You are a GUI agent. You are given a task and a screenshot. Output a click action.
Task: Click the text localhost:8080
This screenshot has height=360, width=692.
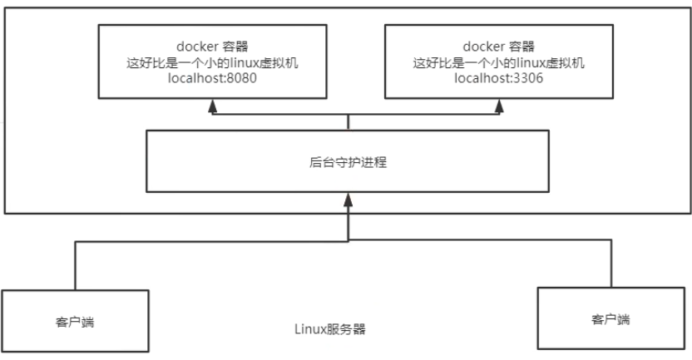[212, 78]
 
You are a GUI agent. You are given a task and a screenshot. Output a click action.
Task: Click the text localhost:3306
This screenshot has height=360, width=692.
[499, 78]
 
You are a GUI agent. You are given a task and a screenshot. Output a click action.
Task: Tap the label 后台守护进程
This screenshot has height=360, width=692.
[348, 162]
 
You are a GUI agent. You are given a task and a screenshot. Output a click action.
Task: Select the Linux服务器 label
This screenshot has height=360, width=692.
[330, 329]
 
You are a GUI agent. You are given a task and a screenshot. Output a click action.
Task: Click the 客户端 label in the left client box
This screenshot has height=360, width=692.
[75, 322]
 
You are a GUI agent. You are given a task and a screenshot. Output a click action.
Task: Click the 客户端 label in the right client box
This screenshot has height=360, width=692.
[610, 319]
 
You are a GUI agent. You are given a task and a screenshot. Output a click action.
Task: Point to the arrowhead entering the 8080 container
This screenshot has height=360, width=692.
[213, 105]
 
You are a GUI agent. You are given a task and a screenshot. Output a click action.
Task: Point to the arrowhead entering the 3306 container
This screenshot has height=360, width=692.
[499, 105]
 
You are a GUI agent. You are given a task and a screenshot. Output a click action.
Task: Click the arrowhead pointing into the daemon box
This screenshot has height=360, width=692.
[348, 200]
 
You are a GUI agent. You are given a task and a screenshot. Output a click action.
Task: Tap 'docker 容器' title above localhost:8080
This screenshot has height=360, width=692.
[212, 47]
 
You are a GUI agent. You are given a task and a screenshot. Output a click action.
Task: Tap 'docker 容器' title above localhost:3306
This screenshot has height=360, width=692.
[499, 47]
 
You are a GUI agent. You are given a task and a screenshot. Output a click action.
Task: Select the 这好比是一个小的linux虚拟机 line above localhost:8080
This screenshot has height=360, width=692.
[212, 62]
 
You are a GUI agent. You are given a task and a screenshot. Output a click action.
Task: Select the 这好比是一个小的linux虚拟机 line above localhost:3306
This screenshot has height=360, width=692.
[499, 62]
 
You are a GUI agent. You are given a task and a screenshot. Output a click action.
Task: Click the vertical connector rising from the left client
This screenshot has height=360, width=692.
[76, 265]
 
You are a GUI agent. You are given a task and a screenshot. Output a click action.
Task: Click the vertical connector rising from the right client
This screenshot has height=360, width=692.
[611, 264]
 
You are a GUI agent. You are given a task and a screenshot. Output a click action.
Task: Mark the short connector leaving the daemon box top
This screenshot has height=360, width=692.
[348, 122]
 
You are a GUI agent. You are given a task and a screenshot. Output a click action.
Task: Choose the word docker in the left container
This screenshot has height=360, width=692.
[198, 47]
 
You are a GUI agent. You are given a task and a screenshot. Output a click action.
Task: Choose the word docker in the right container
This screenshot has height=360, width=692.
[484, 47]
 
